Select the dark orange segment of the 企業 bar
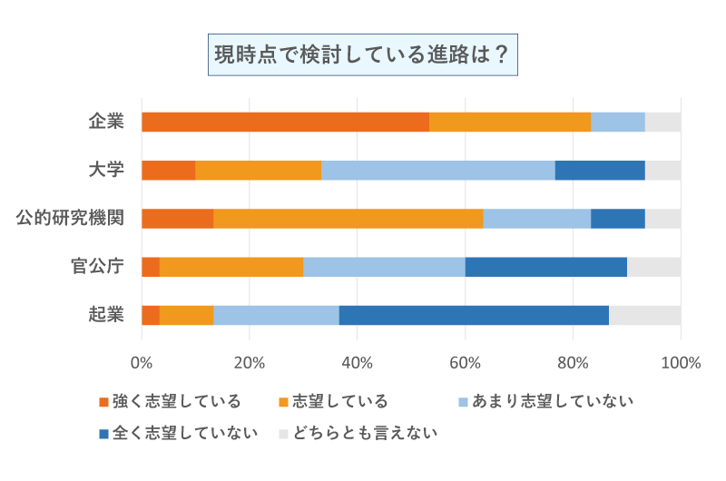point(285,122)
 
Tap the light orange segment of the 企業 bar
point(510,122)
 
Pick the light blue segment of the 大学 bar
point(438,170)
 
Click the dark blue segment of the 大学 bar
point(600,170)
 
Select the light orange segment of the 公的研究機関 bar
point(348,218)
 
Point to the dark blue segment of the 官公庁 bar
point(546,266)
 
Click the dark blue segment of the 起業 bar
point(474,314)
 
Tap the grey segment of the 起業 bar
point(644,314)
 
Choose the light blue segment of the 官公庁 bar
point(384,266)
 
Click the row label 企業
point(106,122)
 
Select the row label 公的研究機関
point(71,218)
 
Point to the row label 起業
point(106,314)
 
